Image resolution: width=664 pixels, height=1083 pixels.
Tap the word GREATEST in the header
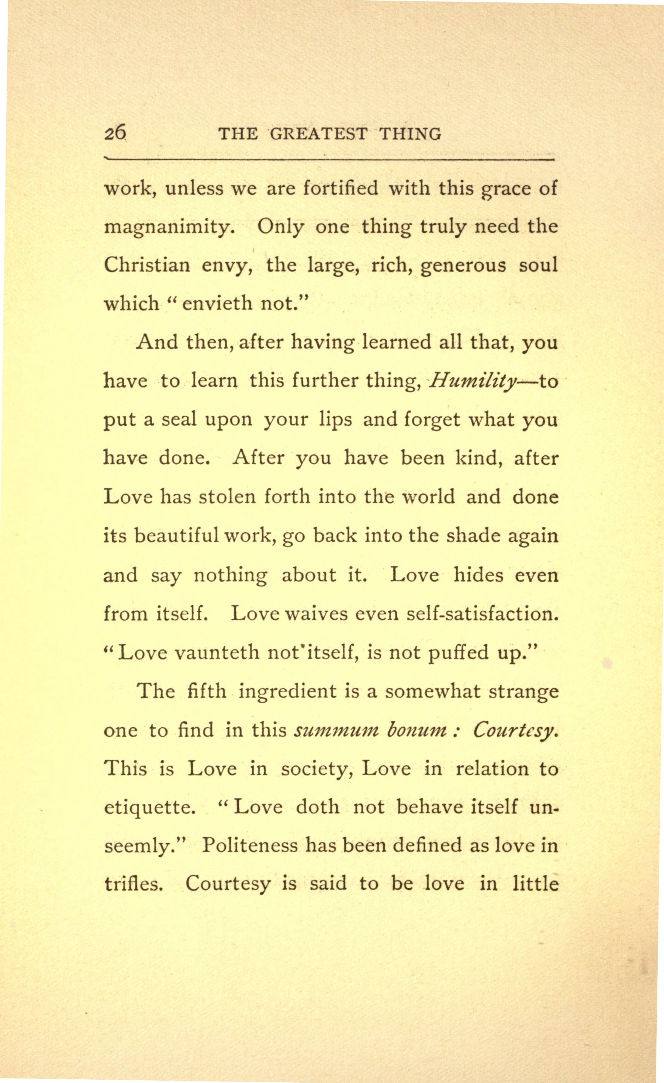(318, 133)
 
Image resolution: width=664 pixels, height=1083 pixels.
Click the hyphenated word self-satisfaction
(482, 613)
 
